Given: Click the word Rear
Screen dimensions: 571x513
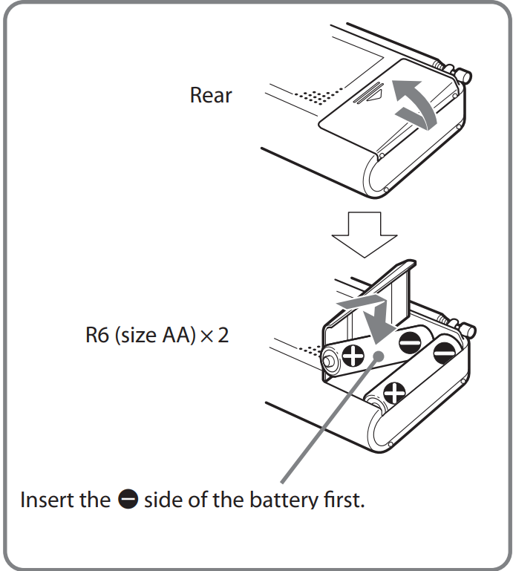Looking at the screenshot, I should (211, 96).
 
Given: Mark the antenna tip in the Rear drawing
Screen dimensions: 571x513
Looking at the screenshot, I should (465, 75).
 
